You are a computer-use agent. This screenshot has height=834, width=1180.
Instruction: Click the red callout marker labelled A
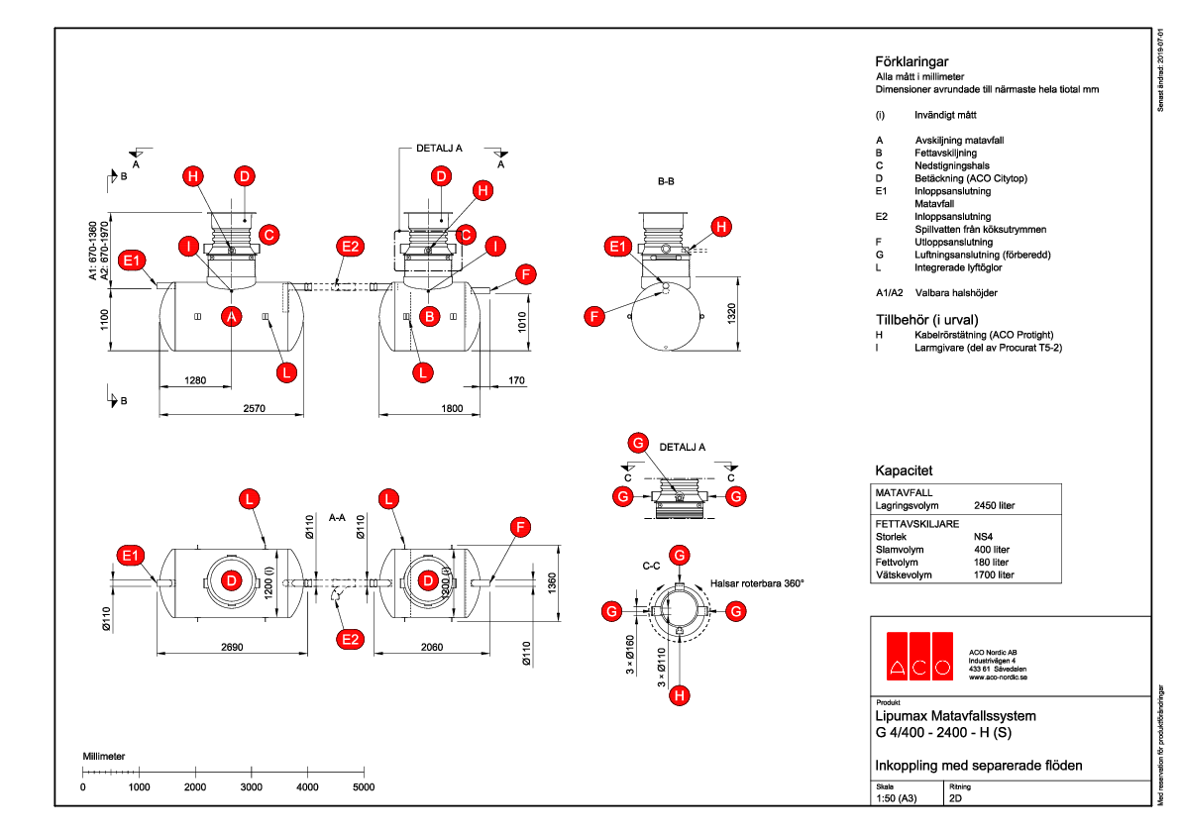(x=232, y=316)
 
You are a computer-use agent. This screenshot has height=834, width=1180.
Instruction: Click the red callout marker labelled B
(x=430, y=316)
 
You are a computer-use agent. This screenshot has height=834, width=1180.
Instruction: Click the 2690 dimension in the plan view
(x=232, y=646)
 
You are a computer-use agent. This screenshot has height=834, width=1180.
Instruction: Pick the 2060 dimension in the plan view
(x=430, y=646)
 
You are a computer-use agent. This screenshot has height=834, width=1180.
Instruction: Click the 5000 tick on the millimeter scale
(x=364, y=786)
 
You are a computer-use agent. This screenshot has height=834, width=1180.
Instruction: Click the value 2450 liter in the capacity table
(x=995, y=505)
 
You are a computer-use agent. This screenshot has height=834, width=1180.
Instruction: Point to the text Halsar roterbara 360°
(x=757, y=583)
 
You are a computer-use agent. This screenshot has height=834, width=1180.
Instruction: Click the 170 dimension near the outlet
(x=516, y=380)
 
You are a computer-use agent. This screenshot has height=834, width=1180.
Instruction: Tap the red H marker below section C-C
(x=679, y=696)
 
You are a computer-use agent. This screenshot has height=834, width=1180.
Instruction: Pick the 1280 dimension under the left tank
(x=196, y=380)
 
